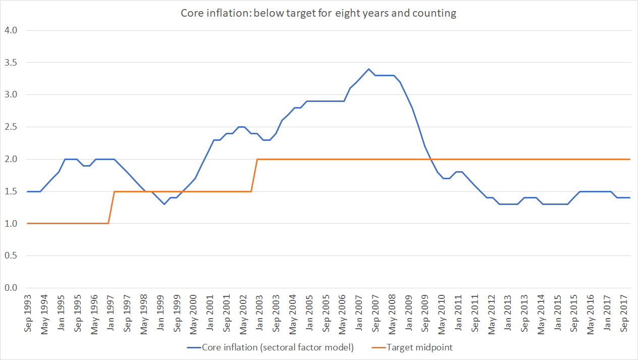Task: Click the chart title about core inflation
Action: tap(318, 13)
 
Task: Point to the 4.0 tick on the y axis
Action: tap(11, 30)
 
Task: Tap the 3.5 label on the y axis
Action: tap(11, 63)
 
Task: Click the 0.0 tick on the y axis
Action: tap(11, 288)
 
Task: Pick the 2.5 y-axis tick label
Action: tap(11, 127)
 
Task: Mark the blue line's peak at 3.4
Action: tap(368, 69)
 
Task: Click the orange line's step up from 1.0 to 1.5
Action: tap(111, 208)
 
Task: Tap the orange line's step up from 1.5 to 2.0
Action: tap(254, 175)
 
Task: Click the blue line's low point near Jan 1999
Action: tap(164, 204)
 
